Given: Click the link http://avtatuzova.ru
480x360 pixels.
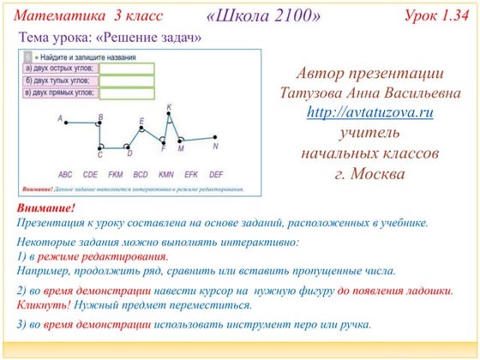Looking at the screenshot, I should (370, 112).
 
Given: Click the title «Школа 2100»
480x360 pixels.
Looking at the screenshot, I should (265, 17).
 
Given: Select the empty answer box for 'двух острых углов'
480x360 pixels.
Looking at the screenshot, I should (127, 69).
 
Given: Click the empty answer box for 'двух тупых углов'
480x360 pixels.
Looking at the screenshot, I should (127, 81).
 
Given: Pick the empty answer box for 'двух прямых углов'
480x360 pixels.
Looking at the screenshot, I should (127, 93).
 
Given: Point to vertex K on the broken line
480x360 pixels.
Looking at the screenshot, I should (169, 114).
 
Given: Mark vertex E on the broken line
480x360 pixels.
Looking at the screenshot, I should (142, 128).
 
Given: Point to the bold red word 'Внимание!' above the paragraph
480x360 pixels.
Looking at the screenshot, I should (46, 209).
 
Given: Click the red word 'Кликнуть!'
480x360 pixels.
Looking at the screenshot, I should (45, 304).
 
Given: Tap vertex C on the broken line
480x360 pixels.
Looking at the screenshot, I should (100, 148).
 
